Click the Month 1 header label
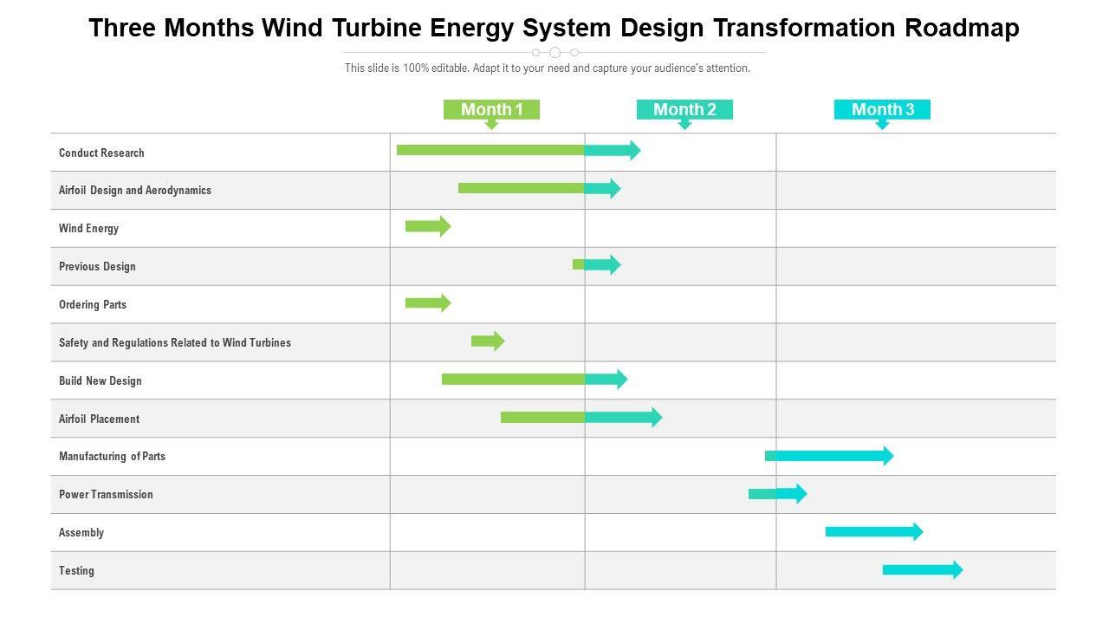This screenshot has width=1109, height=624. coord(491,109)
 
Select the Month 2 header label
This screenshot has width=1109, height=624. coord(684,109)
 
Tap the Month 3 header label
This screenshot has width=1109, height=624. coord(882,109)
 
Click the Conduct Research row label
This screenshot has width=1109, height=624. coord(101,153)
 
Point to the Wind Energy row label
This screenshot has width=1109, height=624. coord(88,229)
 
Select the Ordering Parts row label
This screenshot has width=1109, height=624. coord(93,305)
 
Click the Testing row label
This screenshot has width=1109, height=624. coord(76,571)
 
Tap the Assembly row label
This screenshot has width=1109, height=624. coord(81,533)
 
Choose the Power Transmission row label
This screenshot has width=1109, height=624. coord(106,495)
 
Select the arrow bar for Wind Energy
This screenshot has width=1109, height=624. coord(427,226)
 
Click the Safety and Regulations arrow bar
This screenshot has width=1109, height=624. coord(487,341)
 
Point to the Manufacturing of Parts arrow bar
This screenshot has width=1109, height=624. coord(827,456)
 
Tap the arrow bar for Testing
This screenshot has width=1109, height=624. coord(922,569)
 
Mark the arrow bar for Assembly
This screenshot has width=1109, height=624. coord(873,531)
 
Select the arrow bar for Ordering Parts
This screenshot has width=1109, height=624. coord(427,302)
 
